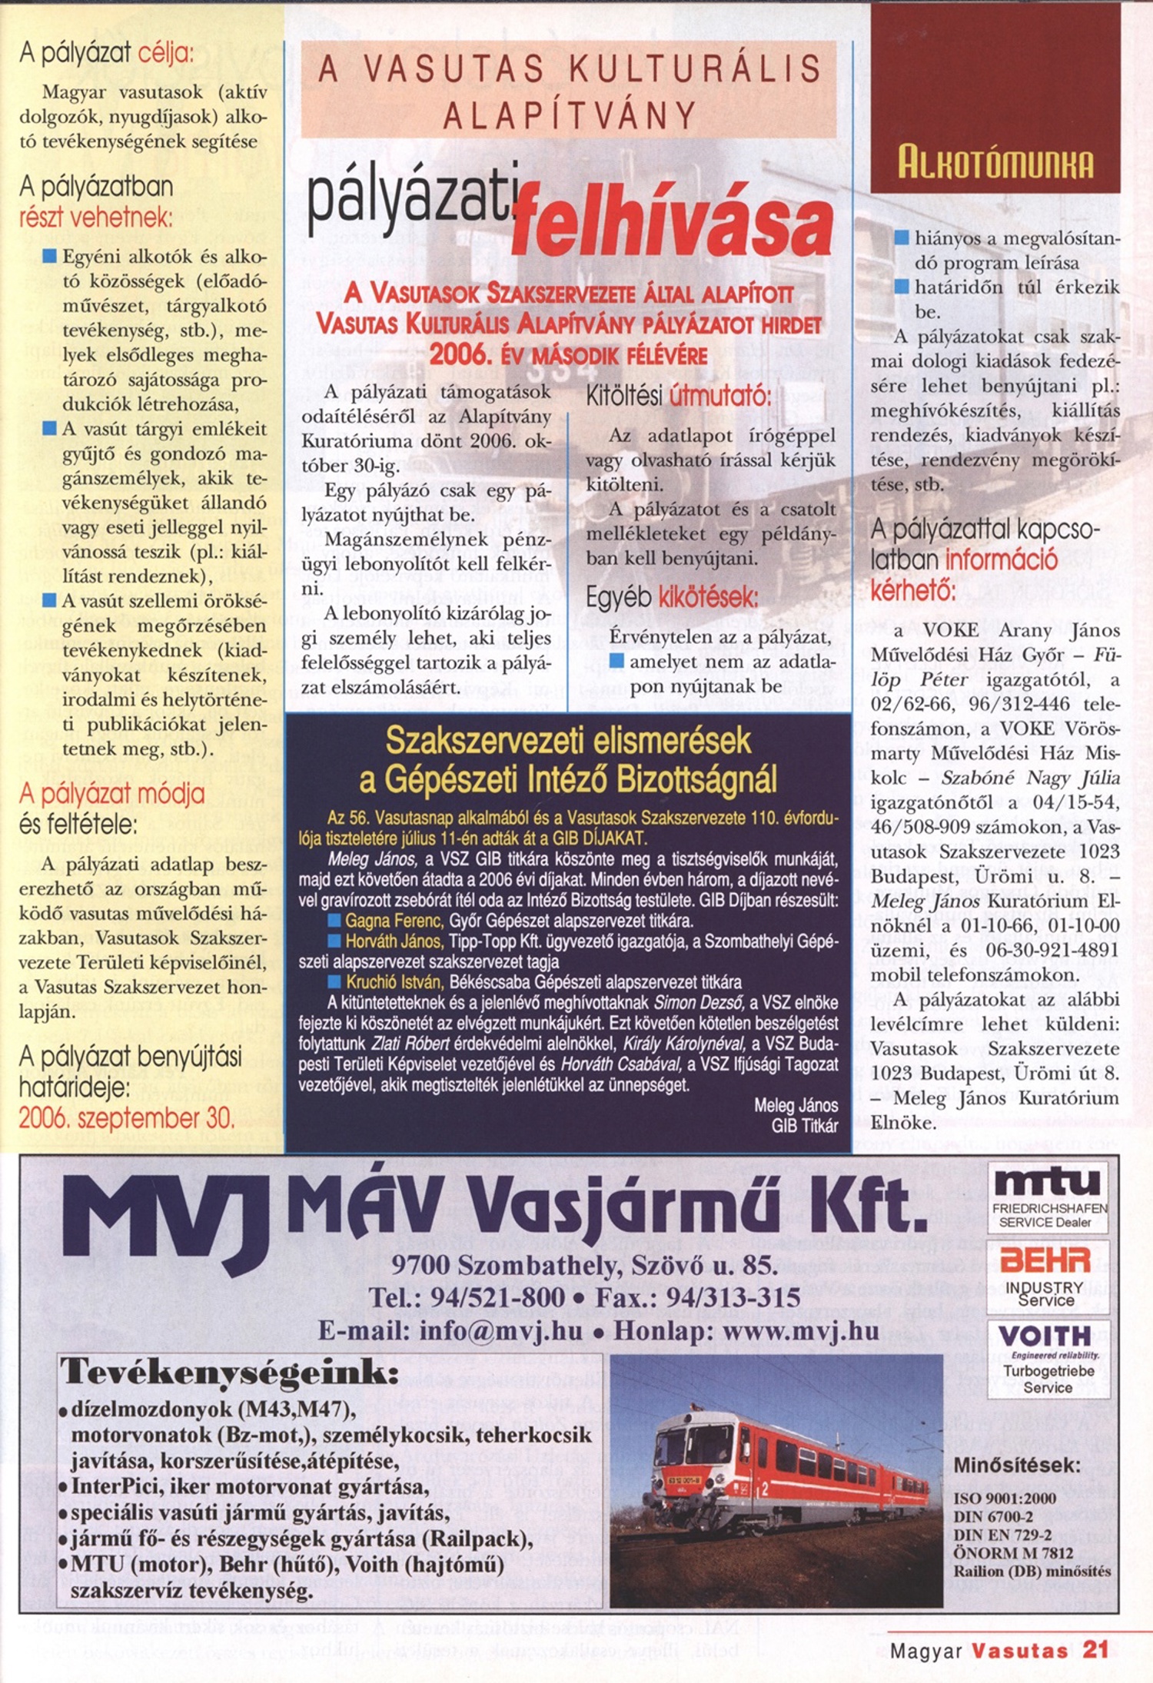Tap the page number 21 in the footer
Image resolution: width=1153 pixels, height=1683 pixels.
pos(1095,1650)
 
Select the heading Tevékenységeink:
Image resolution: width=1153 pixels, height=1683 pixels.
pos(229,1372)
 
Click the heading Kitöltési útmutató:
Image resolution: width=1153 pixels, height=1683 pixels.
pos(677,397)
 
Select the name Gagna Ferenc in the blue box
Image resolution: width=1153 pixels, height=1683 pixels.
pos(394,921)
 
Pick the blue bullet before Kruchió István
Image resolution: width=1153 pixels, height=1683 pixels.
pos(334,982)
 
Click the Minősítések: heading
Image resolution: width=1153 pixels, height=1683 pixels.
pos(1016,1465)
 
